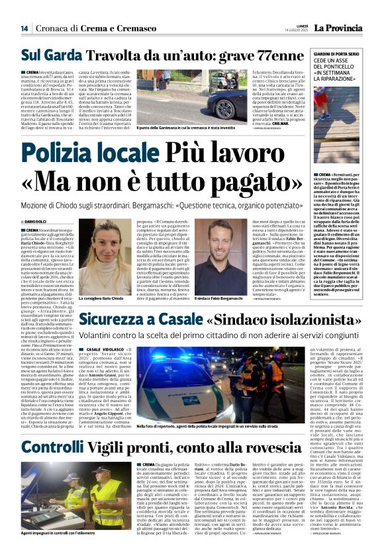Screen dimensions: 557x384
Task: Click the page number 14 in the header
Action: pyautogui.click(x=24, y=28)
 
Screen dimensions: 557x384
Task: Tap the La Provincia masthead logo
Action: pyautogui.click(x=338, y=28)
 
